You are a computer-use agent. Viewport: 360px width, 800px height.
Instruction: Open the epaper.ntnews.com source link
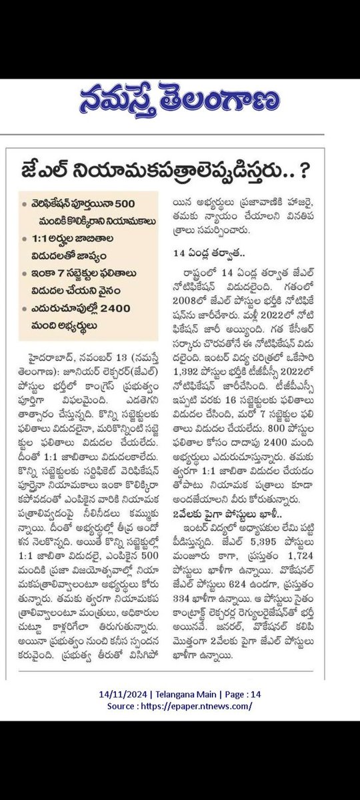198,706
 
